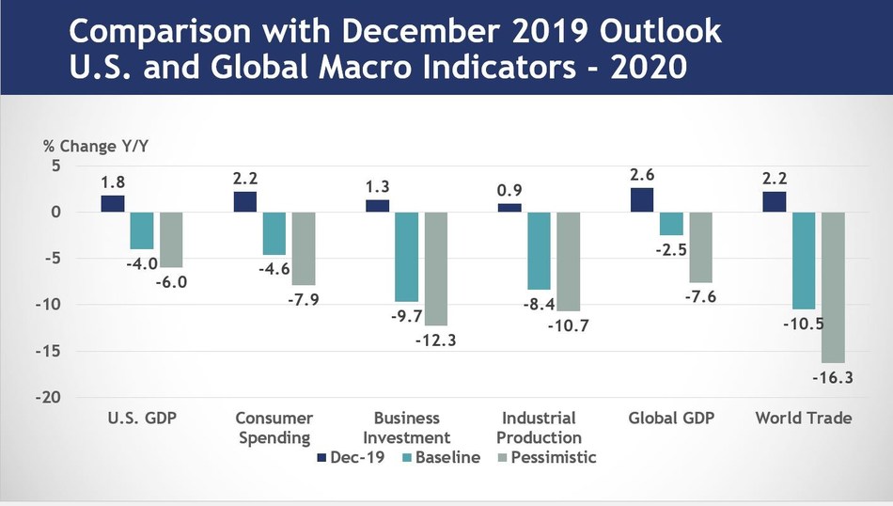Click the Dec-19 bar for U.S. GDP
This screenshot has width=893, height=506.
click(113, 203)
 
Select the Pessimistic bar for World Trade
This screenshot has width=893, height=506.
click(834, 287)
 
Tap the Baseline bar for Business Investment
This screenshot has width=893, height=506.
click(405, 257)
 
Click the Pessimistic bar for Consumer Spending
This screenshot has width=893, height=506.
click(304, 248)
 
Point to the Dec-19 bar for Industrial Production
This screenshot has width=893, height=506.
click(509, 208)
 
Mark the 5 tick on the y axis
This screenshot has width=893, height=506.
click(55, 166)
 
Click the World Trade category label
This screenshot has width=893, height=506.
click(804, 418)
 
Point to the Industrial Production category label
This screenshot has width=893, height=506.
click(539, 427)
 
